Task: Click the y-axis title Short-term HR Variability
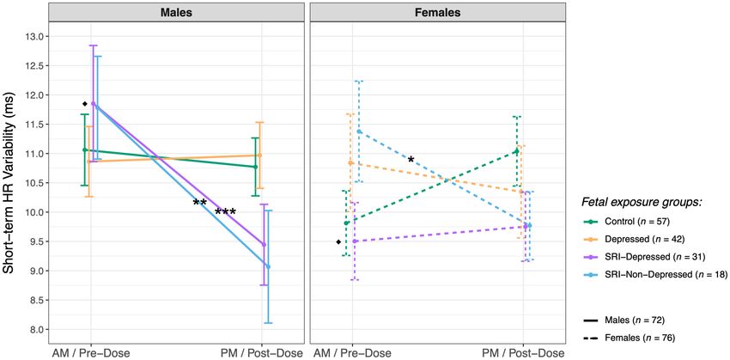click(10, 183)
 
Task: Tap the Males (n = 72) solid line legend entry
click(632, 320)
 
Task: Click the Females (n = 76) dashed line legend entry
click(636, 338)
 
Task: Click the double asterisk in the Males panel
click(200, 204)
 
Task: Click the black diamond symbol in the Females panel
click(338, 242)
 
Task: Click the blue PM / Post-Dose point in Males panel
click(269, 266)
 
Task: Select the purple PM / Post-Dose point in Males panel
click(263, 245)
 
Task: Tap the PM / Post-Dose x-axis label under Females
click(523, 353)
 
